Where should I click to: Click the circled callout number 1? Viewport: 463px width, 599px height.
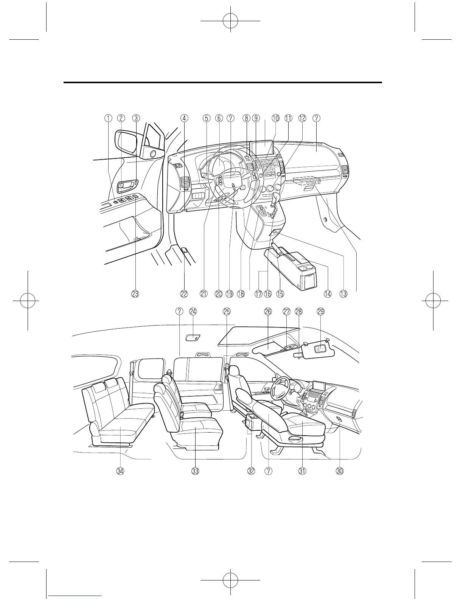click(108, 118)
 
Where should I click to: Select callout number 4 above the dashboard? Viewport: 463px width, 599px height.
click(183, 118)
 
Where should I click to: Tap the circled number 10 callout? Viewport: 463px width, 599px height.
click(275, 118)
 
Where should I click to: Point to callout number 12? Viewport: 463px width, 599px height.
click(302, 118)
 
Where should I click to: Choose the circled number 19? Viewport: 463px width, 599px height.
click(230, 293)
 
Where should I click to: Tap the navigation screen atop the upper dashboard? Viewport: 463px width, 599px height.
click(262, 147)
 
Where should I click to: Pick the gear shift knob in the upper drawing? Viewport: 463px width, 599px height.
click(275, 198)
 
